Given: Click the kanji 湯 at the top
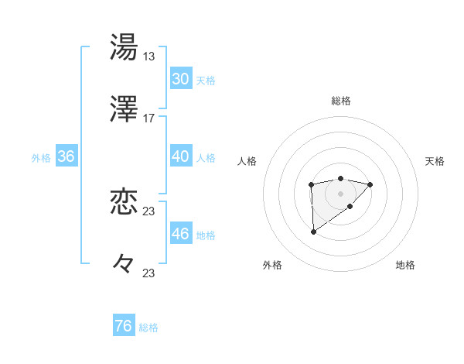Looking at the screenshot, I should click(125, 46).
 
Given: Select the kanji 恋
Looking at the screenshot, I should click(125, 202).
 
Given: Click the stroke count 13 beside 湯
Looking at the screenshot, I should click(149, 56).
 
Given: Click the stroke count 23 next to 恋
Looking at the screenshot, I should click(149, 211).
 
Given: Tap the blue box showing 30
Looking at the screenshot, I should click(180, 79).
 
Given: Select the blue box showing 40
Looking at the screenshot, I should click(180, 156).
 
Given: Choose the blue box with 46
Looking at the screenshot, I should click(180, 234).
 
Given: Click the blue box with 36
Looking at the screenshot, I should click(66, 156).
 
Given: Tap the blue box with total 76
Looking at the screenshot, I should click(123, 326).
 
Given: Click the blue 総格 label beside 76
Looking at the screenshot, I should click(148, 328).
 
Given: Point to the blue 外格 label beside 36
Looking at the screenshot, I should click(41, 158).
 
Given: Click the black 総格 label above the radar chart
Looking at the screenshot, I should click(341, 101).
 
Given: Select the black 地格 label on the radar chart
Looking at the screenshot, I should click(405, 265).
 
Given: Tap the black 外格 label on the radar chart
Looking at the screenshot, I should click(272, 265).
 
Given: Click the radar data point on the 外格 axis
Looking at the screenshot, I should click(313, 232).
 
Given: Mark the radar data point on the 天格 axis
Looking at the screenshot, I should click(370, 184).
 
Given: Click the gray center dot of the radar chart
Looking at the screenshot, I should click(340, 193).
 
